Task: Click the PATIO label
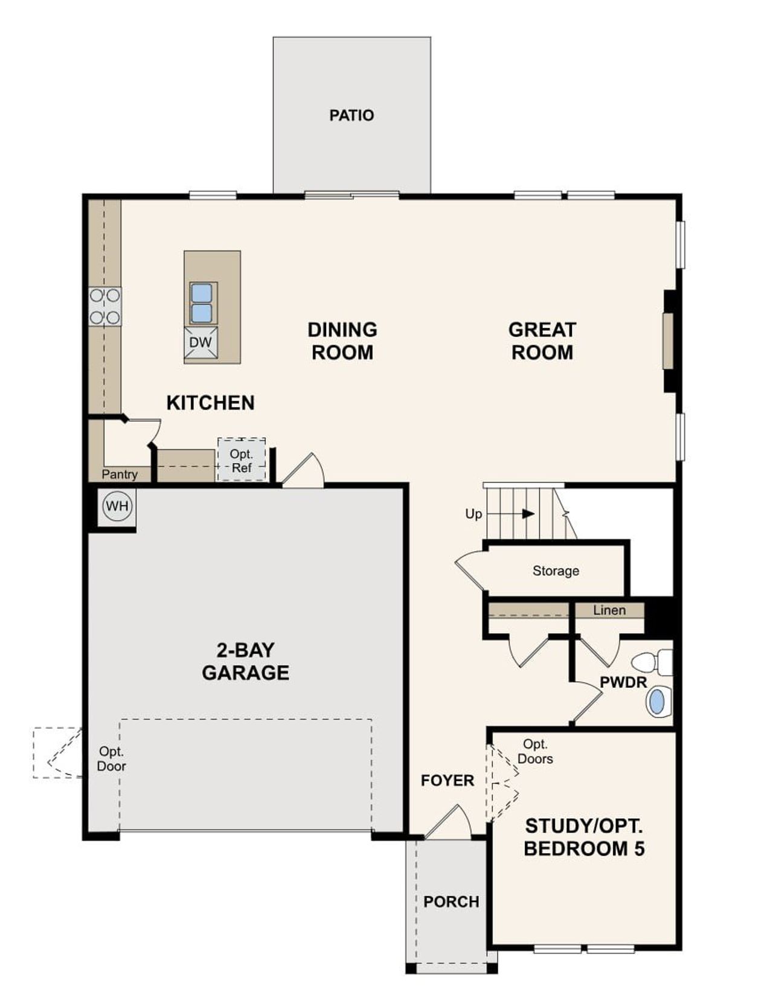351,115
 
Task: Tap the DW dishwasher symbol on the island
200,343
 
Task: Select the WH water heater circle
117,506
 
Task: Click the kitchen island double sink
201,303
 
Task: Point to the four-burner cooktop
104,307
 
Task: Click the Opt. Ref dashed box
242,460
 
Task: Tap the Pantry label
120,475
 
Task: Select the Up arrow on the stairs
528,514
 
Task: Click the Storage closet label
556,571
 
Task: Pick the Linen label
609,610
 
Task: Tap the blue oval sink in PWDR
656,702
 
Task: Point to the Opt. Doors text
535,752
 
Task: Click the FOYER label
447,781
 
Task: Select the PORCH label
451,901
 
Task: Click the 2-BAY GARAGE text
245,661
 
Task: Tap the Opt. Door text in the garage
112,759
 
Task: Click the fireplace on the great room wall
668,341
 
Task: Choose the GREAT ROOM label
542,341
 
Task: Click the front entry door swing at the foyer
450,822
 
